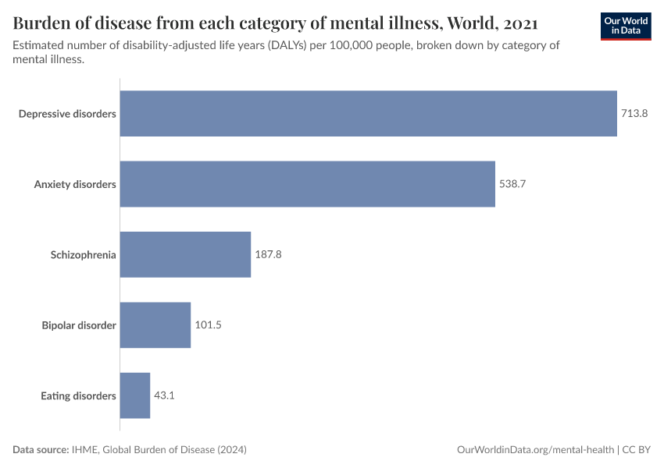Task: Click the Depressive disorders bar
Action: (368, 114)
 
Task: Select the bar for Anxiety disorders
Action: (307, 184)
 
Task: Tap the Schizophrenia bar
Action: (185, 254)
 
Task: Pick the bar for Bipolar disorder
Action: (155, 324)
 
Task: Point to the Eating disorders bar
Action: (134, 395)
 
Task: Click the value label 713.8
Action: (634, 114)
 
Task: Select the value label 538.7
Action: (512, 184)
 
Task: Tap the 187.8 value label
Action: (268, 254)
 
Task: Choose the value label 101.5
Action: (208, 324)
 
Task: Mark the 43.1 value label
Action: (164, 395)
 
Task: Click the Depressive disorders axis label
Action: (67, 114)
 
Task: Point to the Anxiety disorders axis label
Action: (75, 184)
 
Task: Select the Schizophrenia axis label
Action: (84, 254)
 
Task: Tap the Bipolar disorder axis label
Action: (79, 324)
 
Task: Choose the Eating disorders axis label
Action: (78, 395)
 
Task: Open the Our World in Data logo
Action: (626, 26)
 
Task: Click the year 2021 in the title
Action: (516, 21)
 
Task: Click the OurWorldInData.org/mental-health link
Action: (535, 450)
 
